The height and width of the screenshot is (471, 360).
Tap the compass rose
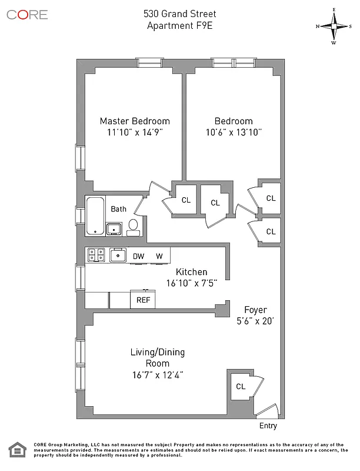334,26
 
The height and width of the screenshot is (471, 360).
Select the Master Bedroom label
134,121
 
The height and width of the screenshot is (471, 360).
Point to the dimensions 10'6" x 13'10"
234,132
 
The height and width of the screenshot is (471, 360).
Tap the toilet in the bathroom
134,227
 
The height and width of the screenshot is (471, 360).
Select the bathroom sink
114,228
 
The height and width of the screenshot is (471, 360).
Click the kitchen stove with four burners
96,255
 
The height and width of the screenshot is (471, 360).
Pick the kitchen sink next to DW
119,255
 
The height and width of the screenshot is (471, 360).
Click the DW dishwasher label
138,256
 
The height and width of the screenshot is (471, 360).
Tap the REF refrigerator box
143,300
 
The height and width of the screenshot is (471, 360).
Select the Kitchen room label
192,271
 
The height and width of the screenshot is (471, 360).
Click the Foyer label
255,310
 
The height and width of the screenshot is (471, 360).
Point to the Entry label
267,426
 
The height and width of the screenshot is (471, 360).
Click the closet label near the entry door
240,387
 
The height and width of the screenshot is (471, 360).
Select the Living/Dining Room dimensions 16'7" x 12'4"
157,374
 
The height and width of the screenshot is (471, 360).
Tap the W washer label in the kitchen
159,256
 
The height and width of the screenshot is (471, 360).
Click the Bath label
119,208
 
